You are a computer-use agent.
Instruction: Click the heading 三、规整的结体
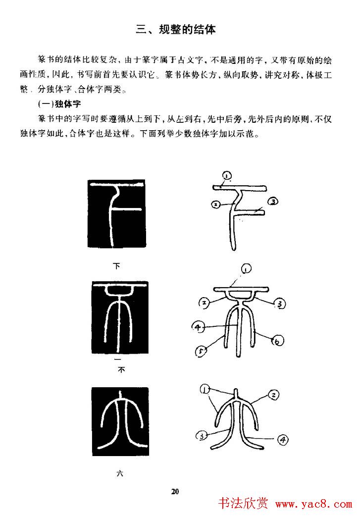point(176,30)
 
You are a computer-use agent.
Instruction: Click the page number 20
point(175,491)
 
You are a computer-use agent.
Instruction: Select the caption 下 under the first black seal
point(117,266)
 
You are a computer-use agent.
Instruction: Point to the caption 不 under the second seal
point(120,369)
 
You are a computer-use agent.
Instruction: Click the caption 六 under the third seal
point(119,473)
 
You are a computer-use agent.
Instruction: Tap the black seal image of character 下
point(117,214)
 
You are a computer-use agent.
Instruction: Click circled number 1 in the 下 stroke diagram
point(227,175)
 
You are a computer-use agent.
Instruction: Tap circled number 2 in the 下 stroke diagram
point(214,204)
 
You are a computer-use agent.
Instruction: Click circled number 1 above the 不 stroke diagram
point(246,269)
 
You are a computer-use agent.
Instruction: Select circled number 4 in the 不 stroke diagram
point(197,327)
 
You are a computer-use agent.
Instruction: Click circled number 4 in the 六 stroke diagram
point(283,439)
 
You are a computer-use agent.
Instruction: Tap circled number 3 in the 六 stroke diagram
point(201,436)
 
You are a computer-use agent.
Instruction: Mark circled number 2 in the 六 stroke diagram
point(273,395)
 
